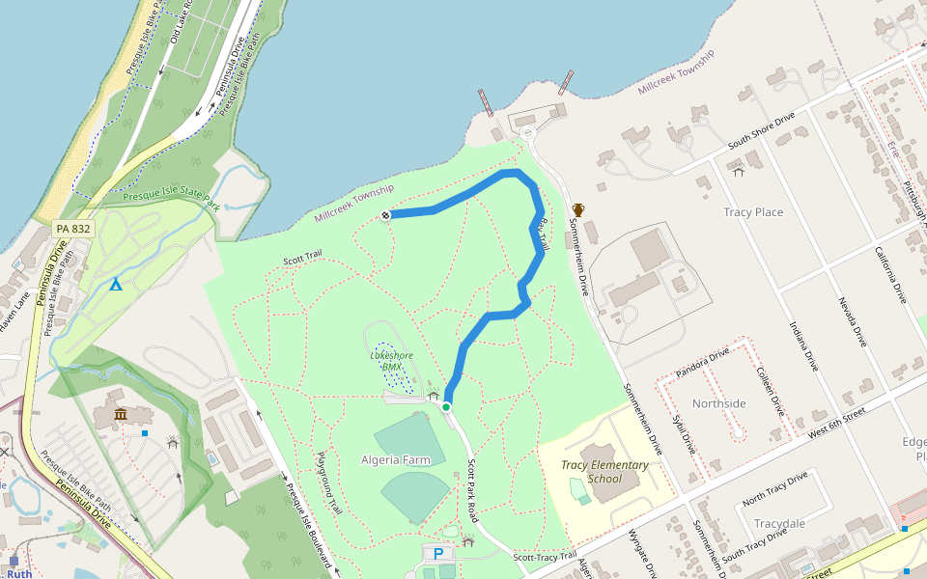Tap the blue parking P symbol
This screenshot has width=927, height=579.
point(438,554)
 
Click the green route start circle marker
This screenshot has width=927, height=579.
point(446,407)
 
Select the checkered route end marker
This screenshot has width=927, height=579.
point(385,215)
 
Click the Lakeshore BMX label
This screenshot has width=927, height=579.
point(391,361)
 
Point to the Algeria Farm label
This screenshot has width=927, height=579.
point(396,460)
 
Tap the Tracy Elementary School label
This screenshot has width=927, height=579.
point(604,472)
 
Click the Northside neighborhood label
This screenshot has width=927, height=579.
point(719,403)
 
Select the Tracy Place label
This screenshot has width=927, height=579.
point(753,212)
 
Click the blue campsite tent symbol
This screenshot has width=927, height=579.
point(116,284)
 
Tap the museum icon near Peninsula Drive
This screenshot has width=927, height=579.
point(121,415)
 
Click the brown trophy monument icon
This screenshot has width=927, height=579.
point(578,210)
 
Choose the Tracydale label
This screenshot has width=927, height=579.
point(779,524)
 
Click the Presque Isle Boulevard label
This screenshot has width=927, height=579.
point(308,523)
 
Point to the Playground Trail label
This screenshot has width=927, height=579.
point(328,482)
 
